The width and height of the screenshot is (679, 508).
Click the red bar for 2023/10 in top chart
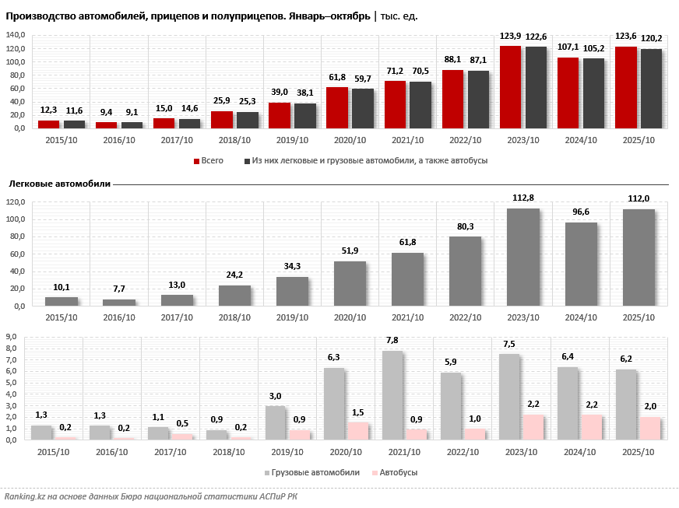[x=510, y=87]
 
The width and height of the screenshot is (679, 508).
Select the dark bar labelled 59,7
[x=362, y=108]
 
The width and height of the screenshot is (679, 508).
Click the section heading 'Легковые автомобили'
[x=59, y=184]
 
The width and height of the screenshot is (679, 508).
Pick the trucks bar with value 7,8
[x=393, y=395]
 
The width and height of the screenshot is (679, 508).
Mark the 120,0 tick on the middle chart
[x=16, y=202]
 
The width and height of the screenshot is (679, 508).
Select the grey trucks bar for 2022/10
[x=451, y=406]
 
